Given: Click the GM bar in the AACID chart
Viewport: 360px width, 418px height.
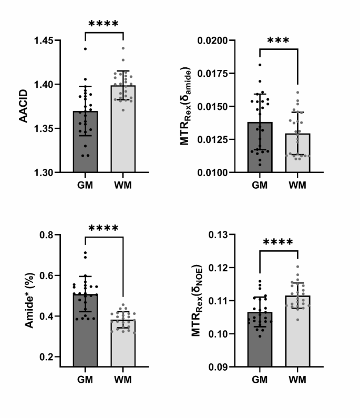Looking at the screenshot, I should [85, 142].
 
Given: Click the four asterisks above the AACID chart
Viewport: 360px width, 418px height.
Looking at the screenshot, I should [104, 24].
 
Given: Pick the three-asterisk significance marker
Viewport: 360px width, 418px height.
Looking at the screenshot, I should [278, 41].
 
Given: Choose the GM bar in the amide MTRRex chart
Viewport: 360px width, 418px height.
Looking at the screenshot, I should [260, 147].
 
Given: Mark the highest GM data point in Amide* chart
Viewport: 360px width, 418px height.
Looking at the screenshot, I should [85, 253].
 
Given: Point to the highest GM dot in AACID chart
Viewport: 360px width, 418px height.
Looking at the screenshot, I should [85, 49].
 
